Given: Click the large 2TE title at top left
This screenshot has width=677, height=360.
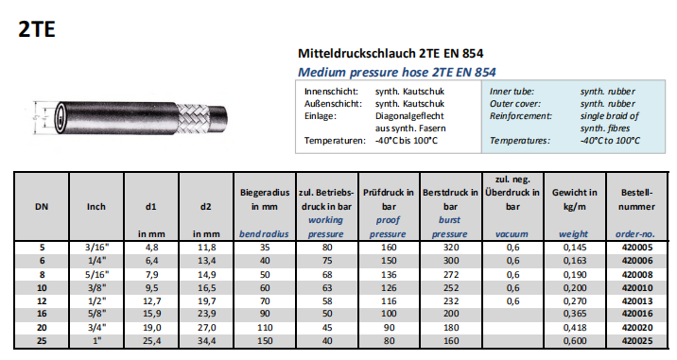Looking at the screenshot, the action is pyautogui.click(x=37, y=29).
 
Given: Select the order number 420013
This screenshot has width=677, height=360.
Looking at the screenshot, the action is pyautogui.click(x=637, y=300).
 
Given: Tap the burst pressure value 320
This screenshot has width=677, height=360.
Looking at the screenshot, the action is pyautogui.click(x=451, y=248).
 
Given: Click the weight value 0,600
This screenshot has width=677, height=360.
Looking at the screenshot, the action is pyautogui.click(x=575, y=340).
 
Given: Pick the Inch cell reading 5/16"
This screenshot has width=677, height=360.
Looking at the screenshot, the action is pyautogui.click(x=96, y=275).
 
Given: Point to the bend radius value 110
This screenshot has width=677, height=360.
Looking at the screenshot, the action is pyautogui.click(x=265, y=328).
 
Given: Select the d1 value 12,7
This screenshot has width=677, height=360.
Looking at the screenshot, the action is pyautogui.click(x=150, y=300).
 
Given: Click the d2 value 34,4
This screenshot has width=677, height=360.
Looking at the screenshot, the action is pyautogui.click(x=206, y=340).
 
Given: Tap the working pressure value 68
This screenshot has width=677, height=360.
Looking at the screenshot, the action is pyautogui.click(x=327, y=275).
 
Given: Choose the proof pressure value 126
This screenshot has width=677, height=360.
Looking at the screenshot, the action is pyautogui.click(x=389, y=288).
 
